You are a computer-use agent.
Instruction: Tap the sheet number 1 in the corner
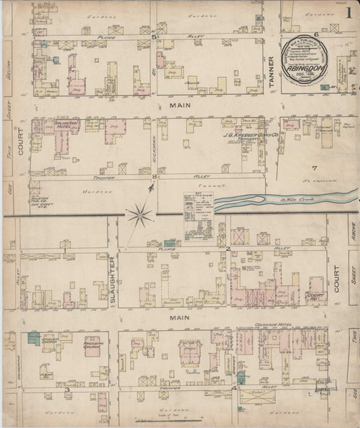point(348,13)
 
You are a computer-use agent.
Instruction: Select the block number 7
point(314,168)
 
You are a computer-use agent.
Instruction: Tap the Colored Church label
point(305,130)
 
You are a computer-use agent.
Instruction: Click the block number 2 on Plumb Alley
point(227,248)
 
